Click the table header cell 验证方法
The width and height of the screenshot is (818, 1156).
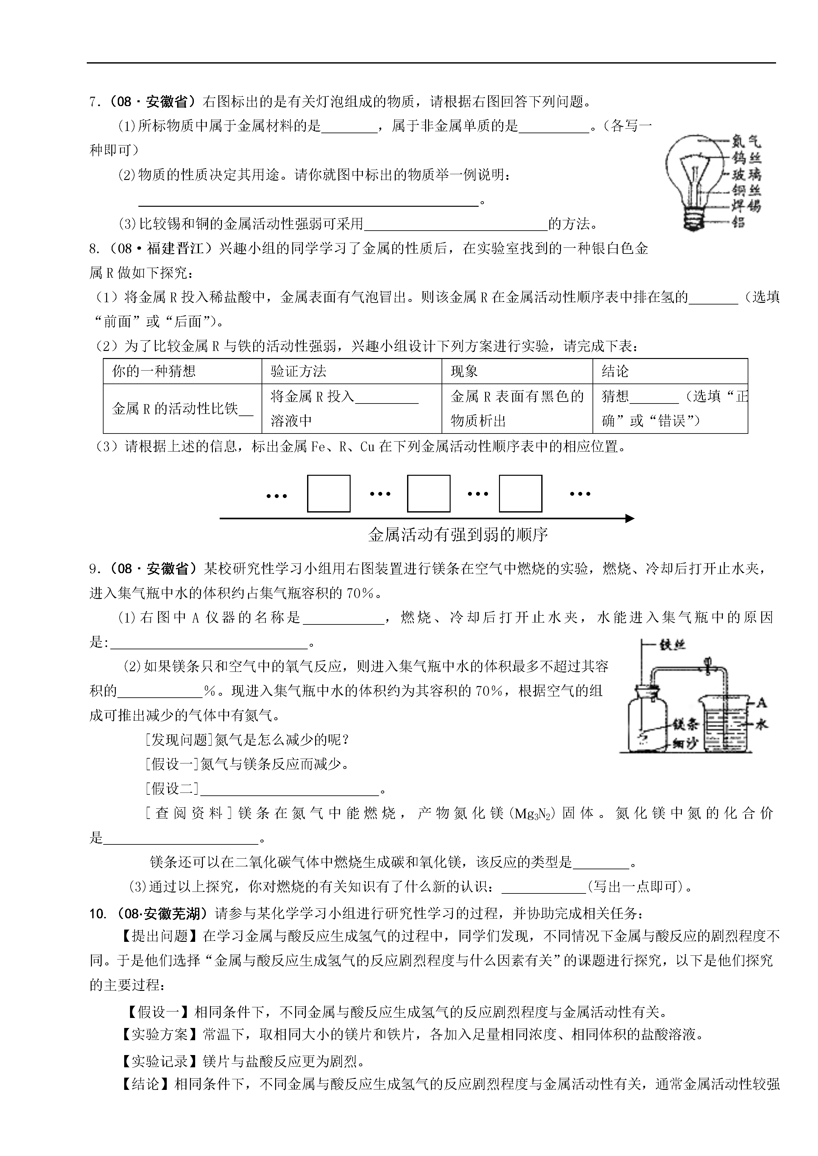pos(298,372)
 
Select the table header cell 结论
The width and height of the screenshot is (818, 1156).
pos(615,372)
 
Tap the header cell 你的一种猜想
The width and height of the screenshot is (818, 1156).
pos(154,372)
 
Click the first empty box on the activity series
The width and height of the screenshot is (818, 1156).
pos(328,493)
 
